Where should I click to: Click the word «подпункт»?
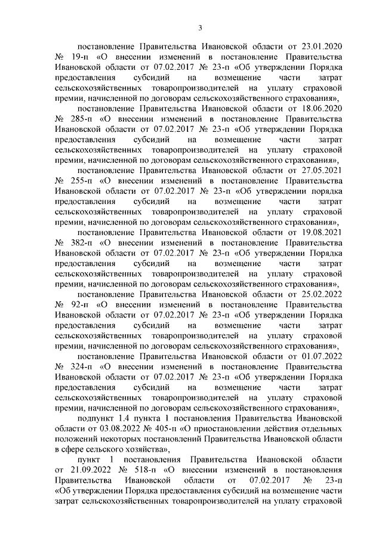[94, 420]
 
